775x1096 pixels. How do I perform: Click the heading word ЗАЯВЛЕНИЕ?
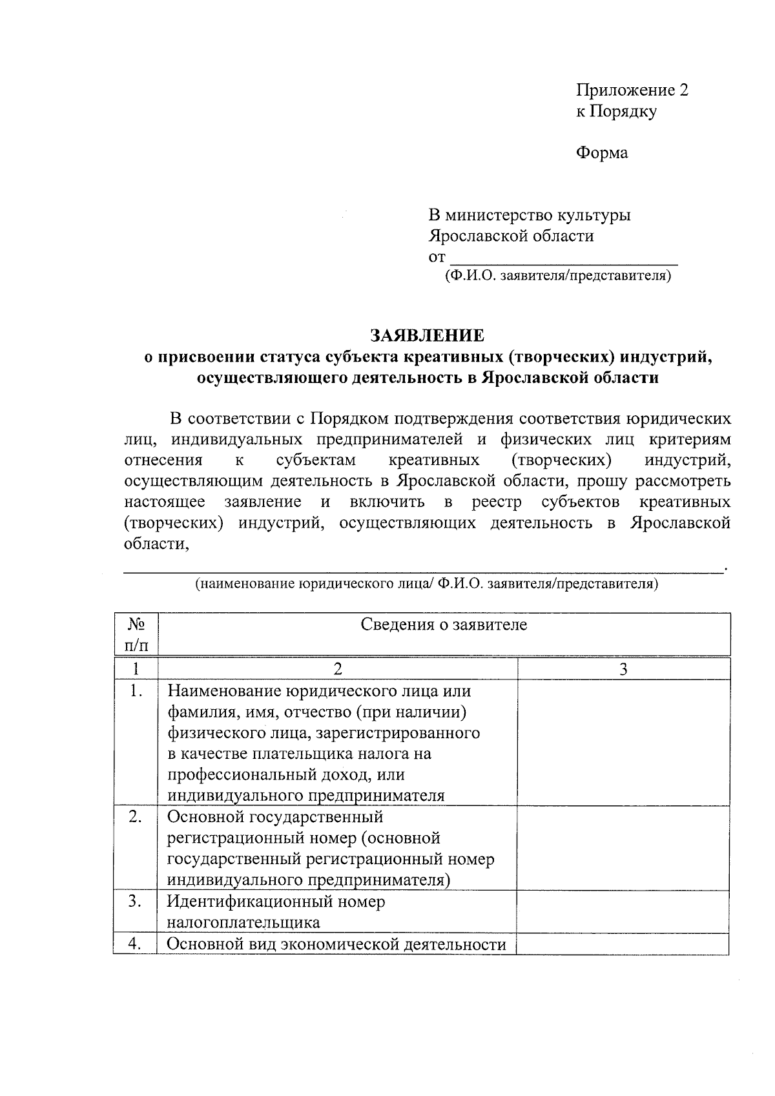pyautogui.click(x=426, y=336)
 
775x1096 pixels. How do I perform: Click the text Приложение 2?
pyautogui.click(x=632, y=90)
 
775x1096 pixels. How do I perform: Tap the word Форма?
pyautogui.click(x=601, y=153)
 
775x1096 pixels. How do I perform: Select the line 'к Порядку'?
pyautogui.click(x=616, y=111)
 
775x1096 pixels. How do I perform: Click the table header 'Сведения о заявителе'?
pyautogui.click(x=443, y=625)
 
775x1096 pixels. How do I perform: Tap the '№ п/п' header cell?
pyautogui.click(x=136, y=634)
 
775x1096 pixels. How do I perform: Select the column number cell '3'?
pyautogui.click(x=623, y=669)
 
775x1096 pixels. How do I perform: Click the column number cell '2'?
pyautogui.click(x=337, y=669)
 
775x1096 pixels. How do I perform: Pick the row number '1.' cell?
pyautogui.click(x=136, y=691)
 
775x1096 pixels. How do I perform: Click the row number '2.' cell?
pyautogui.click(x=136, y=817)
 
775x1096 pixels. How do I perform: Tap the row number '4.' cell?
pyautogui.click(x=136, y=944)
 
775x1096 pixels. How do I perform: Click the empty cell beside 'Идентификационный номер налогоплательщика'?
pyautogui.click(x=623, y=911)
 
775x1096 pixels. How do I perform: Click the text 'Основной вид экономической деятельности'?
pyautogui.click(x=336, y=944)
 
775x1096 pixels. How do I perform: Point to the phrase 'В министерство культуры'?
pyautogui.click(x=530, y=215)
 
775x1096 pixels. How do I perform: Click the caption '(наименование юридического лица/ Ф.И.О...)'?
pyautogui.click(x=426, y=584)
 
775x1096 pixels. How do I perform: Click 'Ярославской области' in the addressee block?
pyautogui.click(x=511, y=236)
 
